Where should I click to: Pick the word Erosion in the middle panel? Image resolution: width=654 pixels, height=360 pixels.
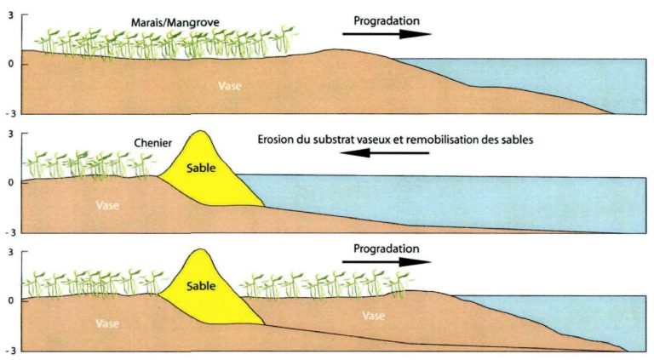(x=276, y=140)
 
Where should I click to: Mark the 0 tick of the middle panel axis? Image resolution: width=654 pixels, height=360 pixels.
(x=10, y=181)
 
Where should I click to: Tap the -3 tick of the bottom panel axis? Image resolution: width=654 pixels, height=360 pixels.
(x=9, y=350)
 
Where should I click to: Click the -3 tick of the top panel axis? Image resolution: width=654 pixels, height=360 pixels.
(x=9, y=113)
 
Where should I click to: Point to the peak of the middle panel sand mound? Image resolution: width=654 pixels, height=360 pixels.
(x=201, y=131)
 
